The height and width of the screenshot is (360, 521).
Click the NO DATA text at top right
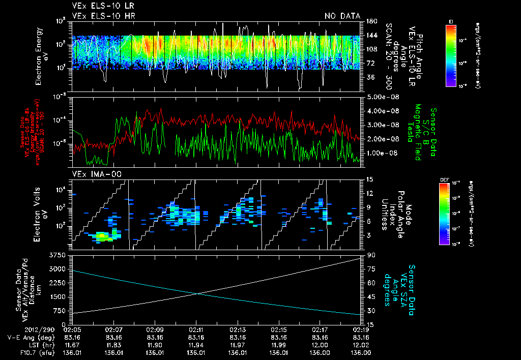(x=342, y=16)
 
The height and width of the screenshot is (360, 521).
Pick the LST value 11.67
(x=72, y=344)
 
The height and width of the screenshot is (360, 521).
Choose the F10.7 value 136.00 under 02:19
(x=360, y=351)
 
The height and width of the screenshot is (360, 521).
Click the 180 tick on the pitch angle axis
(x=371, y=21)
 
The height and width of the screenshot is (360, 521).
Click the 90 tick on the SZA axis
(x=370, y=254)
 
